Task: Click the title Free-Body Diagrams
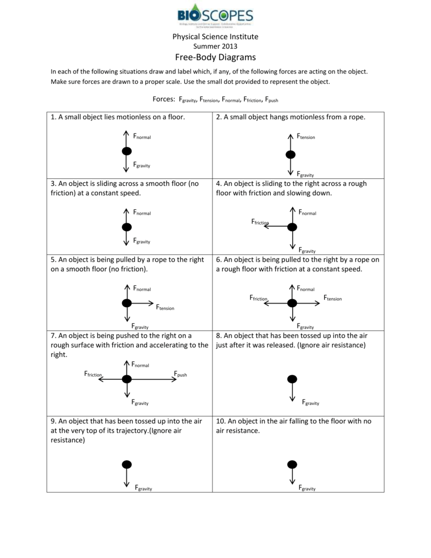point(215,57)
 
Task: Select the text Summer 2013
point(215,46)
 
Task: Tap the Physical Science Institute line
point(215,37)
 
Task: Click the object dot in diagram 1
point(126,151)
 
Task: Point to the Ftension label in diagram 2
point(306,136)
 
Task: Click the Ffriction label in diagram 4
point(260,222)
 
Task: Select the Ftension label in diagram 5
point(165,308)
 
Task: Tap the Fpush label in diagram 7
point(180,374)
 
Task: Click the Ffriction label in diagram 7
point(93,374)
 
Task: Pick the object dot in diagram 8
point(292,379)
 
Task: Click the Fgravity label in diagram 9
point(143,488)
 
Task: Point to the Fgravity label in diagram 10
point(307,488)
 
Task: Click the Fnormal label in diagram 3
point(142,213)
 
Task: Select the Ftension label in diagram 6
point(332,298)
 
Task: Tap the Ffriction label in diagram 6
point(258,298)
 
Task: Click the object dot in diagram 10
point(292,464)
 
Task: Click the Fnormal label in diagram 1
point(142,136)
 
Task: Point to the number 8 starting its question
point(218,336)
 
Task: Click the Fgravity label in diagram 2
point(305,174)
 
